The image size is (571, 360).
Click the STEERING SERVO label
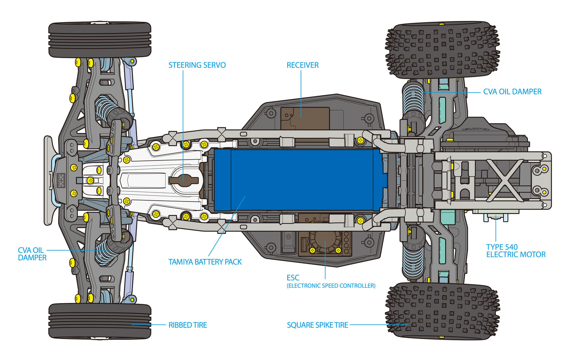pyautogui.click(x=197, y=65)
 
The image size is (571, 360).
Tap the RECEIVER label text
pyautogui.click(x=302, y=65)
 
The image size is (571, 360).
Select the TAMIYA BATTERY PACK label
pyautogui.click(x=205, y=262)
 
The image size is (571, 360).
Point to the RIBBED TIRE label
pyautogui.click(x=188, y=325)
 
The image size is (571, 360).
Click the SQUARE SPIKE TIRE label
pyautogui.click(x=317, y=325)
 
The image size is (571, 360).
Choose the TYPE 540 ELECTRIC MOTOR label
pyautogui.click(x=515, y=251)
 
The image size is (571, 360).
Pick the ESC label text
pyautogui.click(x=293, y=278)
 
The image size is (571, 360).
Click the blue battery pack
pyautogui.click(x=300, y=180)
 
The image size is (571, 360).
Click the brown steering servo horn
pyautogui.click(x=183, y=180)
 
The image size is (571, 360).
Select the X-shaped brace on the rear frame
pyautogui.click(x=507, y=180)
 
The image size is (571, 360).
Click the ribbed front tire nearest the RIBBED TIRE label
pyautogui.click(x=100, y=321)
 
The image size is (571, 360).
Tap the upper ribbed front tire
pyautogui.click(x=100, y=40)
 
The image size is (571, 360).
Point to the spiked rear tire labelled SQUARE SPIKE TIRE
pyautogui.click(x=442, y=310)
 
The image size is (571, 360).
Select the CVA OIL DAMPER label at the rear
pyautogui.click(x=512, y=92)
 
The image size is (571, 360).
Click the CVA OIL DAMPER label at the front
pyautogui.click(x=32, y=254)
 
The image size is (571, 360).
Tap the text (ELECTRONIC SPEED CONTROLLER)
pyautogui.click(x=331, y=286)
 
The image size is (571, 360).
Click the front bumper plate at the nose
pyautogui.click(x=48, y=180)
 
